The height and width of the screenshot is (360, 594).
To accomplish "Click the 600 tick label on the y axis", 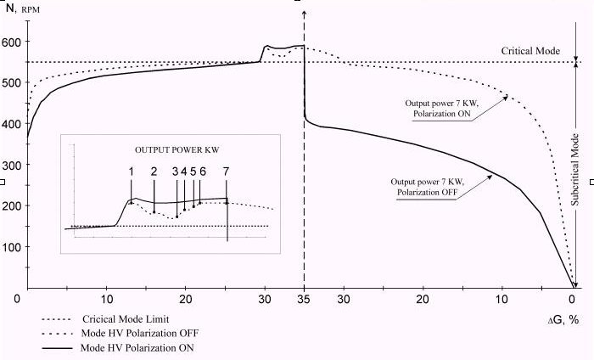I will point(14,42).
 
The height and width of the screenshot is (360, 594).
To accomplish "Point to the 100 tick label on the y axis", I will point(14,247).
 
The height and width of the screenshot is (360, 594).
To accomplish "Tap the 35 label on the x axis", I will point(304,299).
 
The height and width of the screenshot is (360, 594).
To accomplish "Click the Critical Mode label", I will point(530,51).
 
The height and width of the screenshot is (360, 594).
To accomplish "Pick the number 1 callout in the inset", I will point(132,171).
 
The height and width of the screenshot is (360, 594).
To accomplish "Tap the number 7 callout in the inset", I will point(226,171).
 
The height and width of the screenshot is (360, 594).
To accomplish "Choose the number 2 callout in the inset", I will point(154,171).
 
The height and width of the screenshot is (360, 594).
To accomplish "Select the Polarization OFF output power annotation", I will point(429,187).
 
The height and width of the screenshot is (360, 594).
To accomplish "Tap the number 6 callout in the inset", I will point(203,171).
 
